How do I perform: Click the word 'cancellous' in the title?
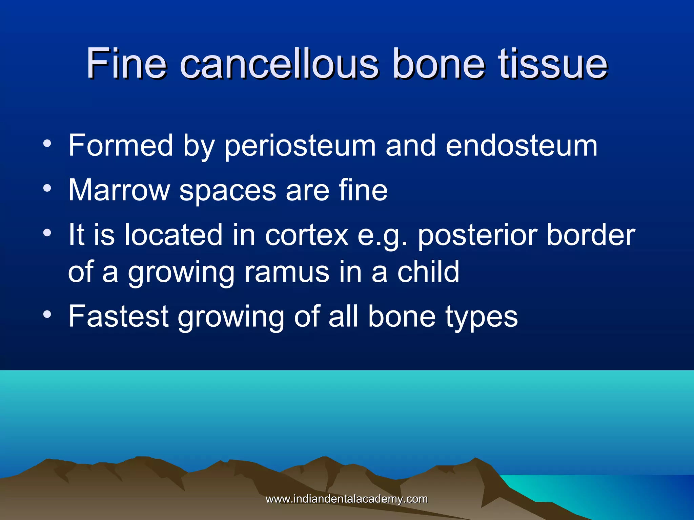[x=279, y=64]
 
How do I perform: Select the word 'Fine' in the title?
[x=126, y=64]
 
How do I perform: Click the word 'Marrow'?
[x=119, y=190]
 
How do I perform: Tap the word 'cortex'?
[x=307, y=235]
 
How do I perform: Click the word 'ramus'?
[x=287, y=272]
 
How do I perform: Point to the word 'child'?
[x=428, y=272]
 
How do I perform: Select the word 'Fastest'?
[x=118, y=316]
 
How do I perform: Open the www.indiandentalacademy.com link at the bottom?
[x=347, y=499]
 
